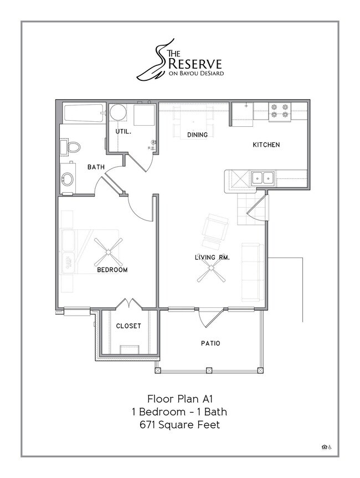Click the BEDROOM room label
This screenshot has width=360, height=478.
coord(112,270)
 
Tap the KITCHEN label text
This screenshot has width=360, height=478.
coord(266,145)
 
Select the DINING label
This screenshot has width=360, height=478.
coord(197,135)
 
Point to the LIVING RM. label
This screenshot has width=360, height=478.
coord(212,257)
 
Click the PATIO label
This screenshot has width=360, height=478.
coord(210,343)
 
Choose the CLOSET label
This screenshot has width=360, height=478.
coord(128,326)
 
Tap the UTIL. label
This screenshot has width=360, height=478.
coord(122,132)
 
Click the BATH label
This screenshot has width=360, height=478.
coord(96,167)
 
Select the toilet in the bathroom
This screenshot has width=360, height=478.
coord(72,147)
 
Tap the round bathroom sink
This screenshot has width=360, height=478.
coord(68,179)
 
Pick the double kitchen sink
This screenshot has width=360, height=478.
coord(263,178)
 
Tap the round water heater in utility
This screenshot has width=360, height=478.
coord(118,112)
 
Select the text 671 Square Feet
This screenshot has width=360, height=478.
coord(180,425)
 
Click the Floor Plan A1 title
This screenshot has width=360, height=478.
coord(180,398)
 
